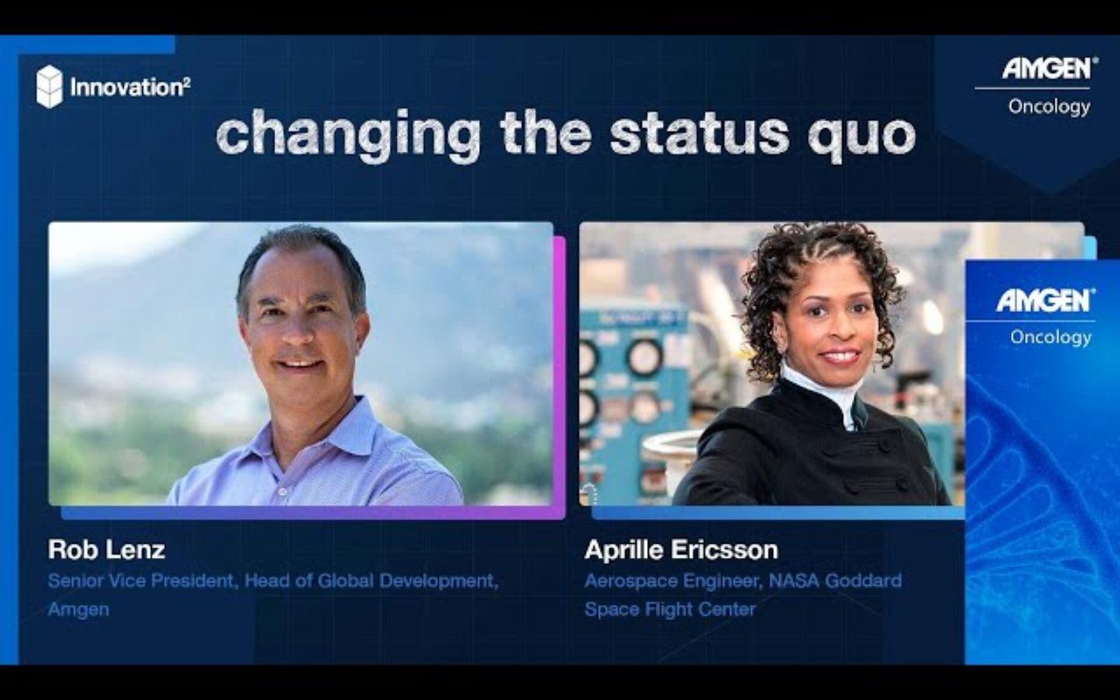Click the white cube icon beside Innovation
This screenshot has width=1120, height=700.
[x=49, y=86]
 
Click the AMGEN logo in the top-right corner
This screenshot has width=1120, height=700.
[x=1047, y=68]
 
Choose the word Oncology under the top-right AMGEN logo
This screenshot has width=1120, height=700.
[x=1049, y=106]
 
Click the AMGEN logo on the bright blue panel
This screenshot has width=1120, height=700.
[x=1045, y=299]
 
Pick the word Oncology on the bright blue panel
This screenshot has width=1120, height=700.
[x=1051, y=337]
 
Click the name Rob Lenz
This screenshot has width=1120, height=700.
[x=107, y=550]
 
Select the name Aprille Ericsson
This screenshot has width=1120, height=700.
[x=681, y=550]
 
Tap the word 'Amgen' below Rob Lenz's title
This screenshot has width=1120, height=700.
[x=79, y=609]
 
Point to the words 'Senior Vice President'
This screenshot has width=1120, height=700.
[x=141, y=581]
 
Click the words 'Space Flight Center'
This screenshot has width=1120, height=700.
[x=670, y=609]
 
